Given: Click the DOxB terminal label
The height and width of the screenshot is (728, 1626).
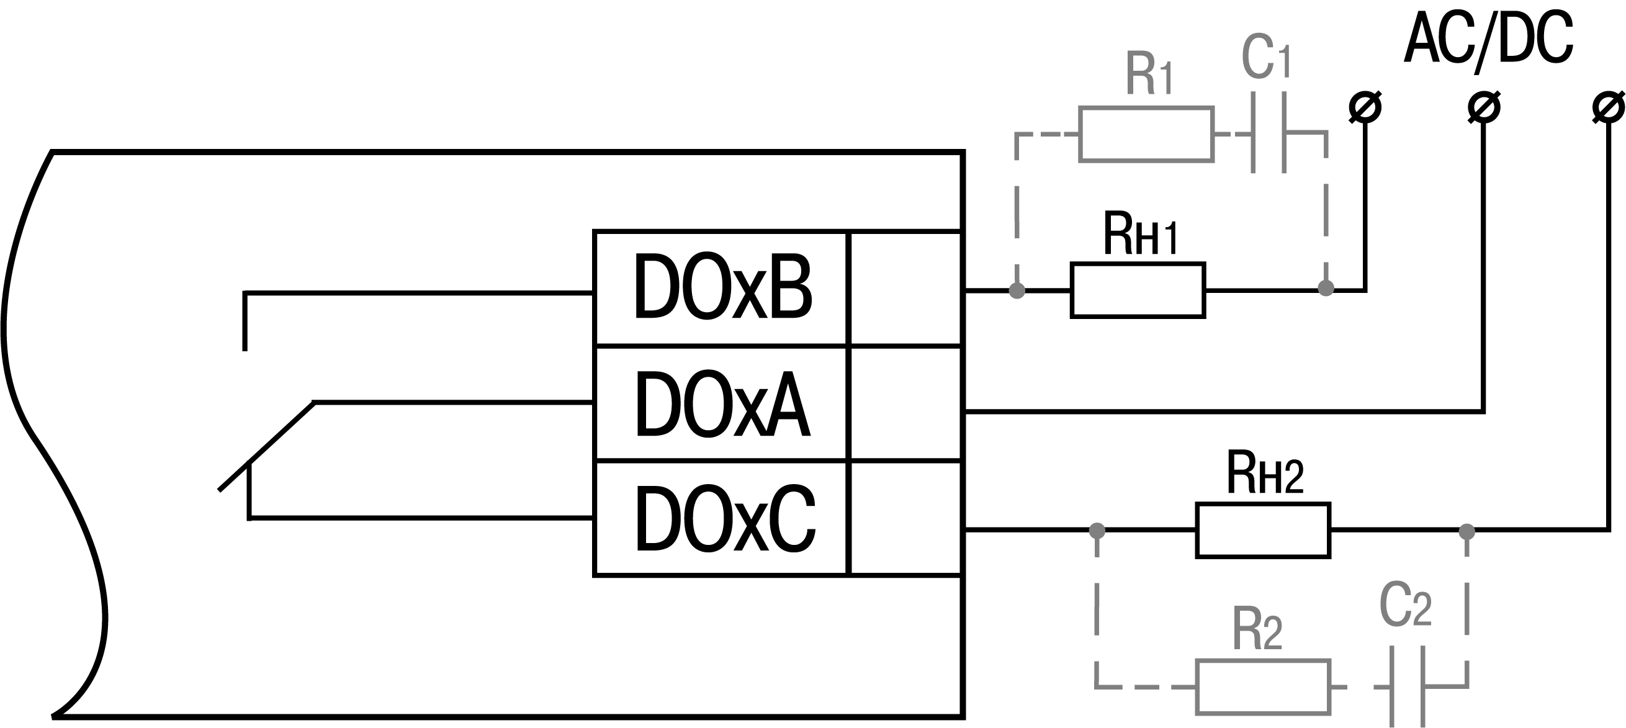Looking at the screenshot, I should pos(722,288).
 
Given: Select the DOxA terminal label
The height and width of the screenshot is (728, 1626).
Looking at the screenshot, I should pos(722,404).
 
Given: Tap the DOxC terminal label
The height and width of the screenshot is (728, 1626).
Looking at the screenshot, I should pos(725,519).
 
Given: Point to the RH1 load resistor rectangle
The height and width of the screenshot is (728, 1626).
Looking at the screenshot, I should pos(1138,290).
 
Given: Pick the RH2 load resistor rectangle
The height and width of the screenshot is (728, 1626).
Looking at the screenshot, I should pos(1263,531).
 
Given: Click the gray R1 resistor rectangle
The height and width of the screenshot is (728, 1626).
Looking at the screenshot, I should pos(1146,135).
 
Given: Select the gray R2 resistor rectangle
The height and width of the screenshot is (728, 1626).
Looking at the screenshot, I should pos(1263,687).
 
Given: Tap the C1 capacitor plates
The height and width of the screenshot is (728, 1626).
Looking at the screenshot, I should pos(1268,133).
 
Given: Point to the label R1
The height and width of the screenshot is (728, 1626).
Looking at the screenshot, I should pos(1149,74).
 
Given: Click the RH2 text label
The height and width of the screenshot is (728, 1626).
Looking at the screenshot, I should pos(1264,473).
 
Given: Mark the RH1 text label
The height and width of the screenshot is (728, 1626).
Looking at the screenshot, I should pos(1140,233).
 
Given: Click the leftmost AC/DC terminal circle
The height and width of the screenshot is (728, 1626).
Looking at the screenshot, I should pos(1365,107).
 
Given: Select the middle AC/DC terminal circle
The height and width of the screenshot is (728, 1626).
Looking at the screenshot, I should pos(1483,107).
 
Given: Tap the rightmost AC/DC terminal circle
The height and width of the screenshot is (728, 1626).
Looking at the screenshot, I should pos(1609,107).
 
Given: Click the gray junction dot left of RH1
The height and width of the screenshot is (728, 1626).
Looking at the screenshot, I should pos(1017,290).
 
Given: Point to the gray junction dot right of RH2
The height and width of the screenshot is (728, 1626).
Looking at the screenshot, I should pos(1467,532).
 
